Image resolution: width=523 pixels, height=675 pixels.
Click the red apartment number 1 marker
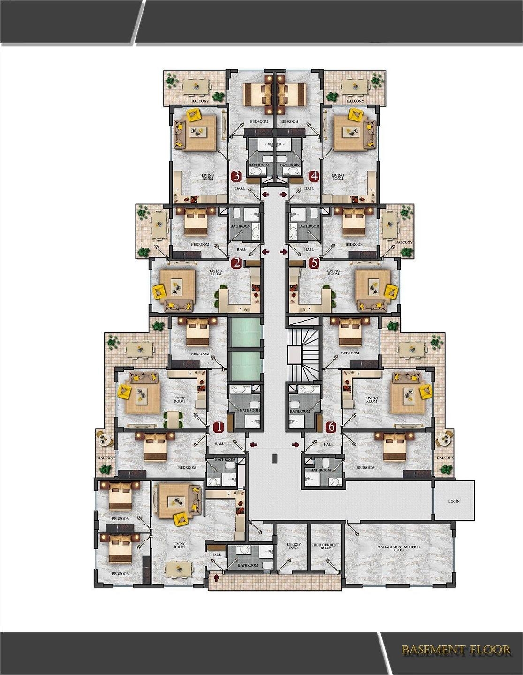pyautogui.click(x=218, y=427)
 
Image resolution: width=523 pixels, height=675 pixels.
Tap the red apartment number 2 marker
pyautogui.click(x=237, y=263)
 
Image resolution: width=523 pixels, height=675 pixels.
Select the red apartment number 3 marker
pyautogui.click(x=236, y=176)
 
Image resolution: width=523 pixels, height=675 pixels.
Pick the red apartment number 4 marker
pyautogui.click(x=314, y=176)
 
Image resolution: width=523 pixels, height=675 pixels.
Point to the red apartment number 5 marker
pyautogui.click(x=313, y=263)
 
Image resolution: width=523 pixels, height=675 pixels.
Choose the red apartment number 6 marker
pyautogui.click(x=331, y=427)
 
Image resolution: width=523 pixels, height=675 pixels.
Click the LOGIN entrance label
pyautogui.click(x=454, y=501)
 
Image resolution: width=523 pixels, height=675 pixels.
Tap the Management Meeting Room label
pyautogui.click(x=399, y=548)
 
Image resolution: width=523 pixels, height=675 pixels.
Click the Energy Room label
pyautogui.click(x=294, y=546)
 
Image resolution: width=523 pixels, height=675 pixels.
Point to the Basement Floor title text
pyautogui.click(x=456, y=650)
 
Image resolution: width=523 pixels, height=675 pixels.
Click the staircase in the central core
pyautogui.click(x=304, y=349)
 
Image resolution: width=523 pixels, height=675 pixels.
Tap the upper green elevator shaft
pyautogui.click(x=245, y=332)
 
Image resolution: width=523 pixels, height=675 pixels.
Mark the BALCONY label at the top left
pyautogui.click(x=200, y=101)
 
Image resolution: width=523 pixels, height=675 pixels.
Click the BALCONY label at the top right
pyautogui.click(x=355, y=101)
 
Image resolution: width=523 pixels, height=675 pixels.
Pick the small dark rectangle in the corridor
pyautogui.click(x=275, y=458)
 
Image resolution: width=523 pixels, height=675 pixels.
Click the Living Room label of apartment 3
pyautogui.click(x=207, y=177)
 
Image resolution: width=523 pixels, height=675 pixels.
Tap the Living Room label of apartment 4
pyautogui.click(x=337, y=177)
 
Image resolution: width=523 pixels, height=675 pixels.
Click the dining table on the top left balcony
pyautogui.click(x=196, y=86)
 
